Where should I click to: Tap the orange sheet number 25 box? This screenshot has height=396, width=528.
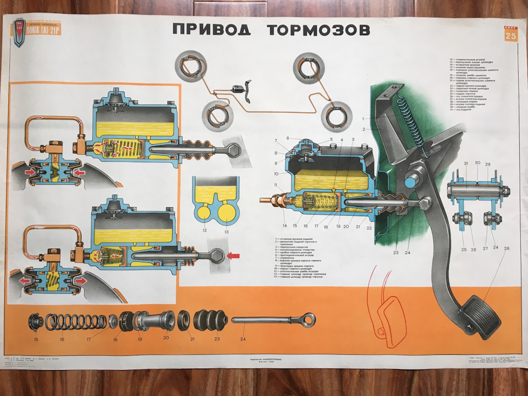(511, 35)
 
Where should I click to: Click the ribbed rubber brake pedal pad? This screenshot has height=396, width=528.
(480, 316)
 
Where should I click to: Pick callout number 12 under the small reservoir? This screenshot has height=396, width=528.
(205, 230)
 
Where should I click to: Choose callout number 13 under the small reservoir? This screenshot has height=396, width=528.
(226, 230)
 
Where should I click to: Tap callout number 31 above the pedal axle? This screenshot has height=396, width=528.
(465, 163)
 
